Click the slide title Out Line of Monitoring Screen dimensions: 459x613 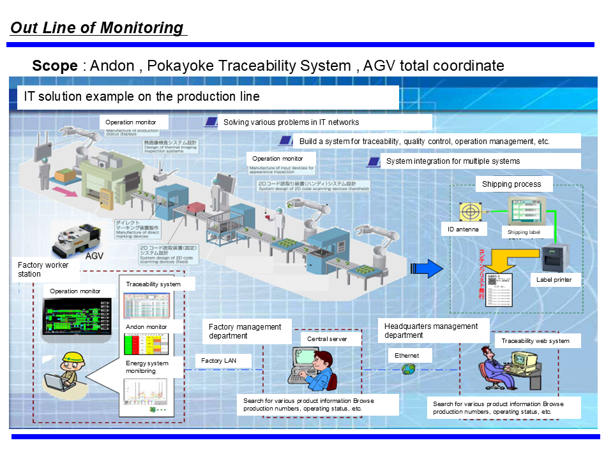pos(97,28)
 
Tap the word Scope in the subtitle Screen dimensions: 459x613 pos(54,66)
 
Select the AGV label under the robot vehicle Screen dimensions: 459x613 pos(95,256)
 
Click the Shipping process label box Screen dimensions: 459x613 pos(511,184)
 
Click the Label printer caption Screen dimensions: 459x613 pos(554,279)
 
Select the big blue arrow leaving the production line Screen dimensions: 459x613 pos(425,268)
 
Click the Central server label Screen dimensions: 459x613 pos(327,339)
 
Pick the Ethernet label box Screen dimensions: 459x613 pos(407,355)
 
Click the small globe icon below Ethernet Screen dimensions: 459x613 pos(409,369)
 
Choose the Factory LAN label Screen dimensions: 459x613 pos(218,361)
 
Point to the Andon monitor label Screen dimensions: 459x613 pos(146,327)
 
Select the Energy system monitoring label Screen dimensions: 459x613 pos(148,367)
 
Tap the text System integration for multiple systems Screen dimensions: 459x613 pos(453,161)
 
